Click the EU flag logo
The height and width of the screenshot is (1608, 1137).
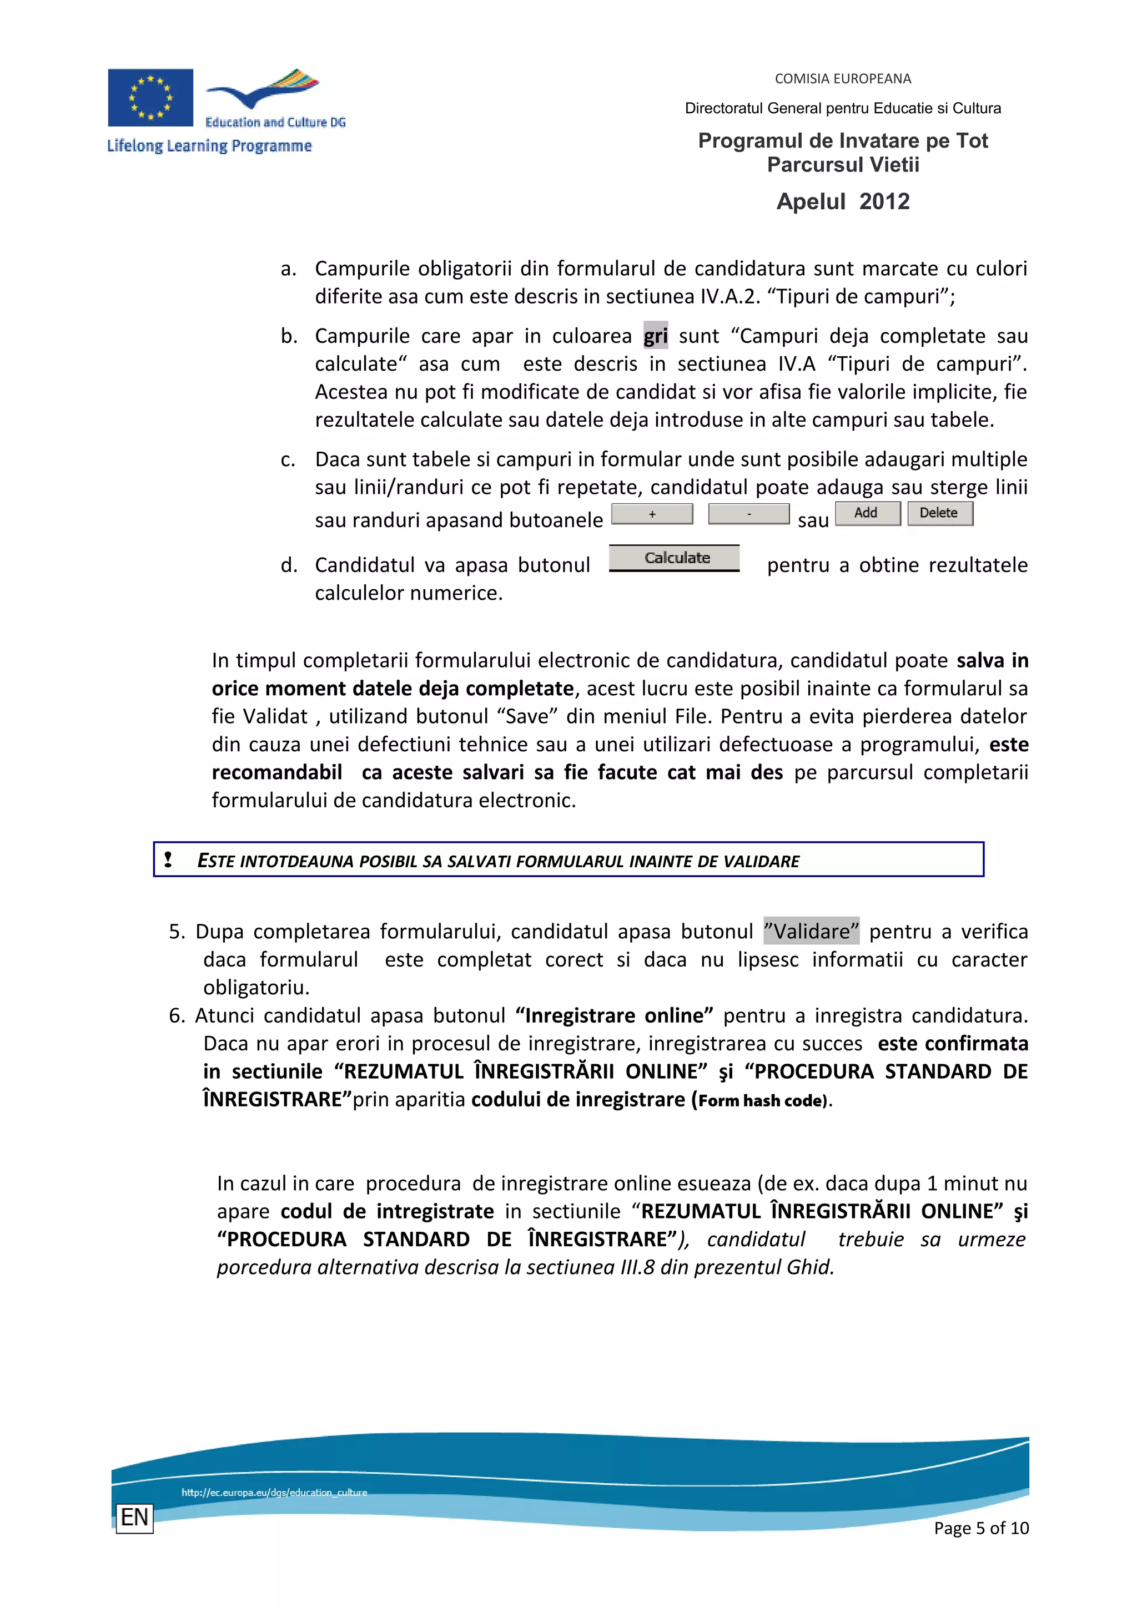point(150,97)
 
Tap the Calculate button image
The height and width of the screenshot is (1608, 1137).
point(674,558)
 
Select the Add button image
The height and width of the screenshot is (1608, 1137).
point(867,513)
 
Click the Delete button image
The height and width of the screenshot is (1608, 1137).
point(939,513)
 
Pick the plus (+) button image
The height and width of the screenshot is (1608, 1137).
point(652,514)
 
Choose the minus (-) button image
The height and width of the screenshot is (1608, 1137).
point(748,514)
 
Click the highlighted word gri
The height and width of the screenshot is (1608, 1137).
point(655,336)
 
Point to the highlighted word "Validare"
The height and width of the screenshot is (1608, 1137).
point(811,932)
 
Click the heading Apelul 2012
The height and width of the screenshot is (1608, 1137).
point(843,202)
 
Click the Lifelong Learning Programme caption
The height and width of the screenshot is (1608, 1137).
point(209,146)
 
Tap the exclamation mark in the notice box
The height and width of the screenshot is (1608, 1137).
point(168,859)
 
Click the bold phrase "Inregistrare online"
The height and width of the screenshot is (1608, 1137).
point(613,1015)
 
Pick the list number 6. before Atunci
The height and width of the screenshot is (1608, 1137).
point(177,1015)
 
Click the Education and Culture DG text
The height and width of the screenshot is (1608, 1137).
point(275,123)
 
